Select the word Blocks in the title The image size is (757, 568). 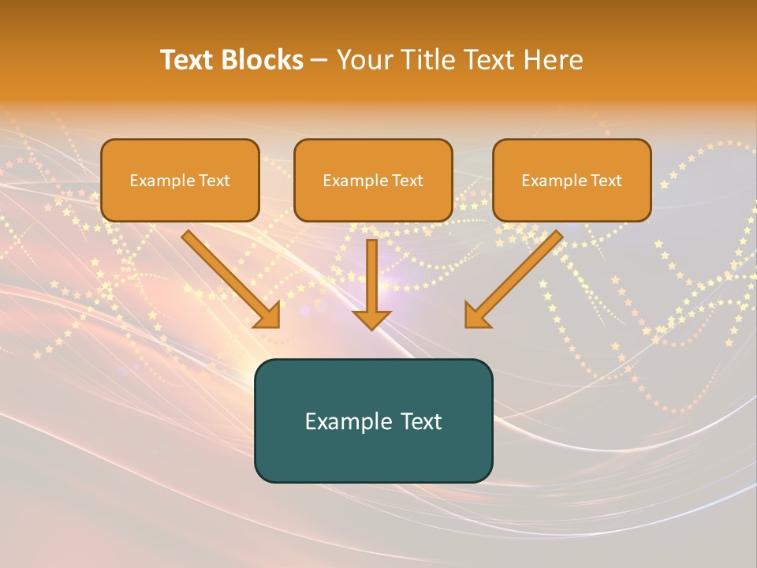pyautogui.click(x=262, y=59)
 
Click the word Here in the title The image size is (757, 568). pyautogui.click(x=553, y=59)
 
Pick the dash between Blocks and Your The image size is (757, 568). pyautogui.click(x=319, y=62)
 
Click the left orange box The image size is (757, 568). pyautogui.click(x=180, y=180)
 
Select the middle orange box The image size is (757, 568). pyautogui.click(x=373, y=180)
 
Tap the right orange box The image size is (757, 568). pyautogui.click(x=572, y=180)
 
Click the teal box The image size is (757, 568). pyautogui.click(x=374, y=420)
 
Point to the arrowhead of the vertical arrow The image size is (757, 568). pyautogui.click(x=371, y=320)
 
